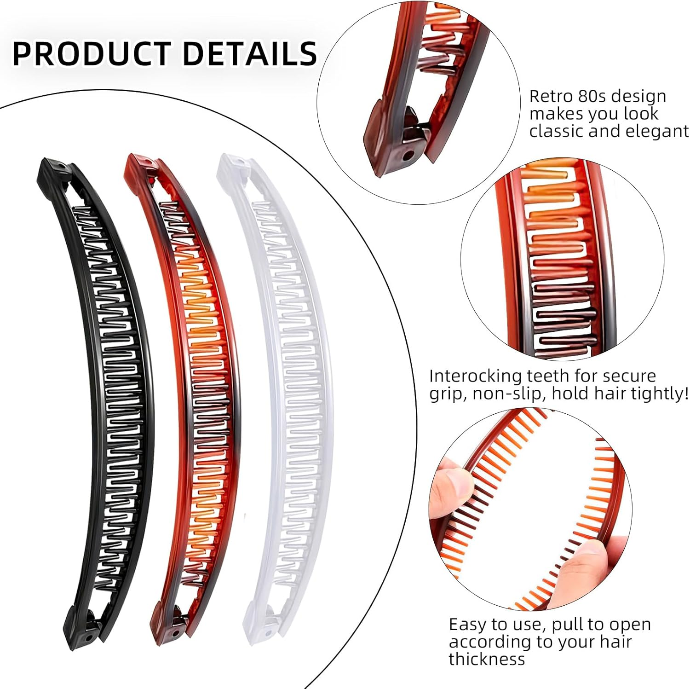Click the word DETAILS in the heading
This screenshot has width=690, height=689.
click(x=250, y=53)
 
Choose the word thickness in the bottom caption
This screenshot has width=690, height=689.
click(x=487, y=659)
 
